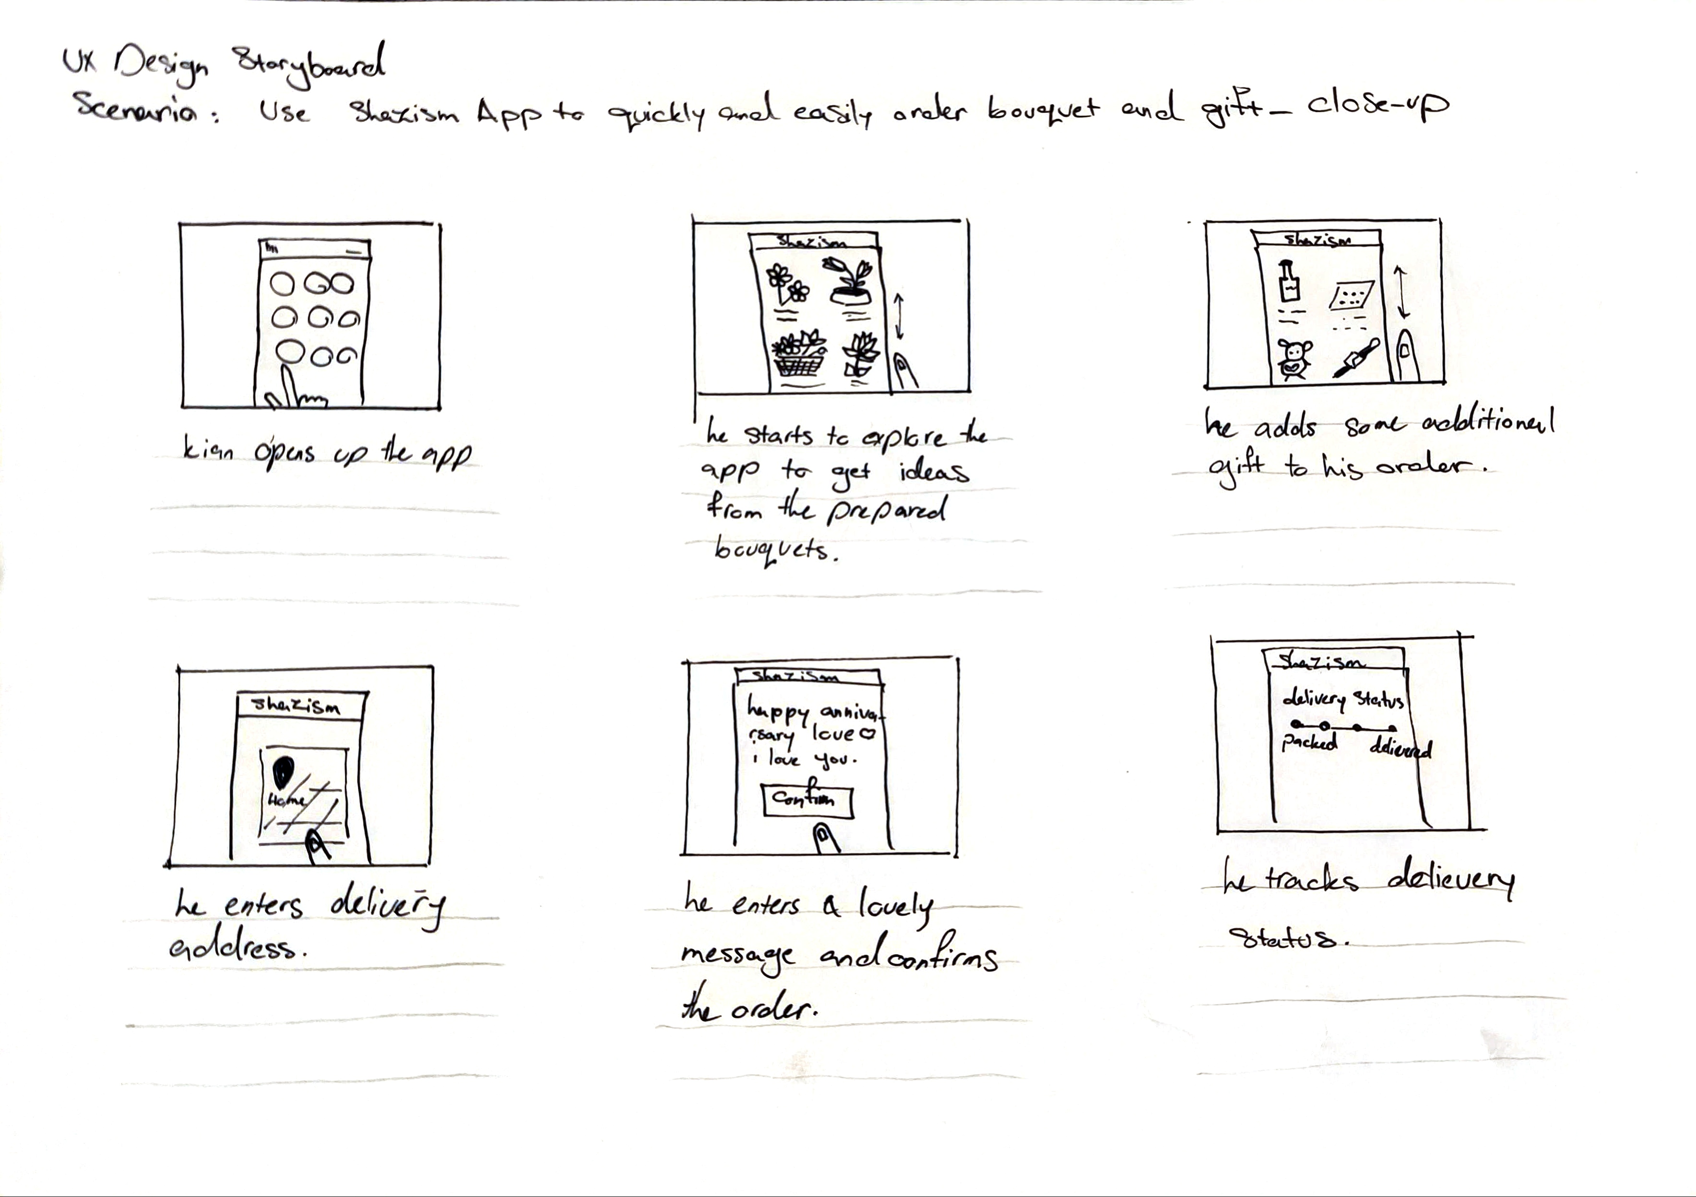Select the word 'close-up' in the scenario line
pyautogui.click(x=1377, y=106)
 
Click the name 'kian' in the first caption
pyautogui.click(x=208, y=448)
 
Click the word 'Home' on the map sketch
pyautogui.click(x=286, y=800)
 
